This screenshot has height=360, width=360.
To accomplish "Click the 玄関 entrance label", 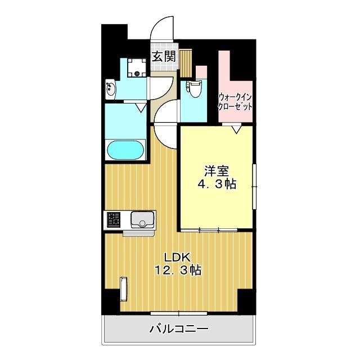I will (164, 56).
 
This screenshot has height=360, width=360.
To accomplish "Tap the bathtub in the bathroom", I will (125, 151).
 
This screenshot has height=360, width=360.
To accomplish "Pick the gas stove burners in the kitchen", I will (114, 219).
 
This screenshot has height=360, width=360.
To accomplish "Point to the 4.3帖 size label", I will (215, 183).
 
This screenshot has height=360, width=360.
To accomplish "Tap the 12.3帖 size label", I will (178, 270).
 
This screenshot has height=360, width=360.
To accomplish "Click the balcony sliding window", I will (179, 312).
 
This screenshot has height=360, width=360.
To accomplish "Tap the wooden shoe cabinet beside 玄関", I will (186, 62).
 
